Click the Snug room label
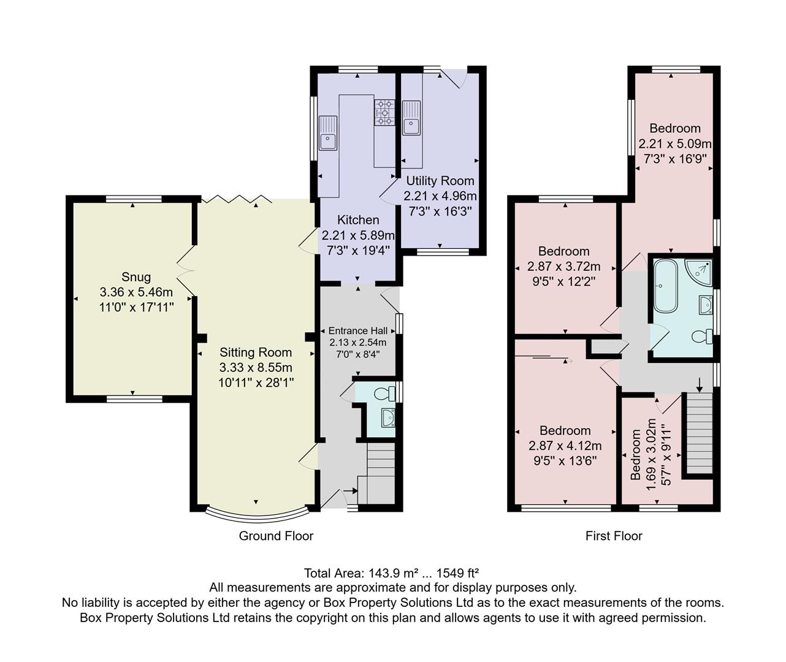tap(136, 277)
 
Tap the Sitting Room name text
tap(256, 352)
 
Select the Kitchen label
tap(358, 219)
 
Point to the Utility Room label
tap(440, 181)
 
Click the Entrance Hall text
tap(358, 330)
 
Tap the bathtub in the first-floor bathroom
tap(665, 285)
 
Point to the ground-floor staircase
tap(379, 473)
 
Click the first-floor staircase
tap(700, 433)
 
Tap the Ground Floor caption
tap(276, 536)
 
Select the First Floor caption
tap(614, 536)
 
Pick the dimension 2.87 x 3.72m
tap(563, 267)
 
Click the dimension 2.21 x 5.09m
tap(674, 144)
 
